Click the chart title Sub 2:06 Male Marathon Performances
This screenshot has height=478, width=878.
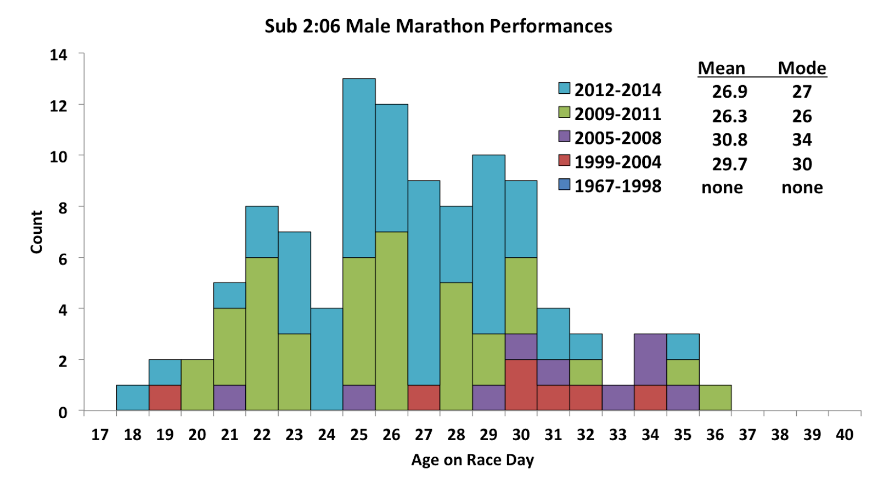pyautogui.click(x=438, y=26)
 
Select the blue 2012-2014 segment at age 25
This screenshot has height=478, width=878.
pyautogui.click(x=359, y=167)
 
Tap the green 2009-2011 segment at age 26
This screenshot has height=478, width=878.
pyautogui.click(x=391, y=320)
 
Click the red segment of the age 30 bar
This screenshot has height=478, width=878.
pyautogui.click(x=521, y=385)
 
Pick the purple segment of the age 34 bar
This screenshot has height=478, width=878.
pyautogui.click(x=650, y=359)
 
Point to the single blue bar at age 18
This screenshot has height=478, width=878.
pyautogui.click(x=132, y=397)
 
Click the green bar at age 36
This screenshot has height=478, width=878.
pyautogui.click(x=715, y=397)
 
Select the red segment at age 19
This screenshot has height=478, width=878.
pyautogui.click(x=165, y=397)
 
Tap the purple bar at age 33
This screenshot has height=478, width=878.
pyautogui.click(x=618, y=397)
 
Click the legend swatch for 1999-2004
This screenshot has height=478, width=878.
pyautogui.click(x=564, y=160)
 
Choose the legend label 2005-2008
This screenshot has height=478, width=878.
pyautogui.click(x=618, y=138)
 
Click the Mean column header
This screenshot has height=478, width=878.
pyautogui.click(x=721, y=68)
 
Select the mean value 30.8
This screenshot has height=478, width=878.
pyautogui.click(x=729, y=140)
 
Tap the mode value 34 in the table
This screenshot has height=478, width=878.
pyautogui.click(x=802, y=140)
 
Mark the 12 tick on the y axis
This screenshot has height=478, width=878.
pyautogui.click(x=59, y=105)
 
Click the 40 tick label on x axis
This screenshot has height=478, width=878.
pyautogui.click(x=845, y=435)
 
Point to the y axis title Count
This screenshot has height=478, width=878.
pyautogui.click(x=36, y=232)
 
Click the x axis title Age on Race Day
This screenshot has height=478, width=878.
pyautogui.click(x=472, y=460)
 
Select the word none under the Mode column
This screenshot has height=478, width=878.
pyautogui.click(x=802, y=188)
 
